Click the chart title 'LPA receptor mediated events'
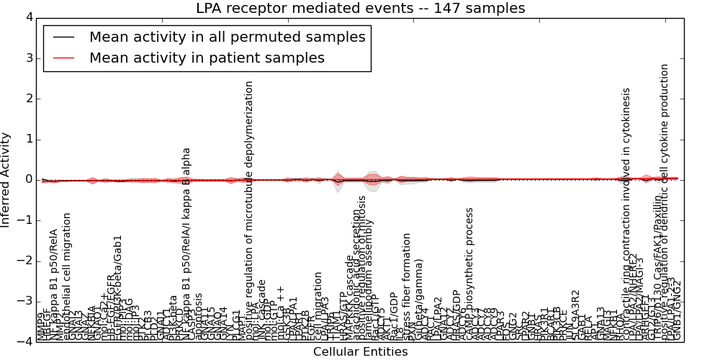click(360, 8)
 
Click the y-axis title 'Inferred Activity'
click(6, 179)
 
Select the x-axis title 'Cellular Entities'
click(360, 352)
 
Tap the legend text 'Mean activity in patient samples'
click(207, 58)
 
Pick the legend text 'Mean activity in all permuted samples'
click(227, 37)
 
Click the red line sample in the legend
click(63, 58)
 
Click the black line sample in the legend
click(63, 37)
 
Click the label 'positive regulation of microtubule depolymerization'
click(250, 209)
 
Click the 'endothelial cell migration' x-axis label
click(67, 276)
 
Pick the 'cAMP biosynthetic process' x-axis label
click(469, 274)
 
